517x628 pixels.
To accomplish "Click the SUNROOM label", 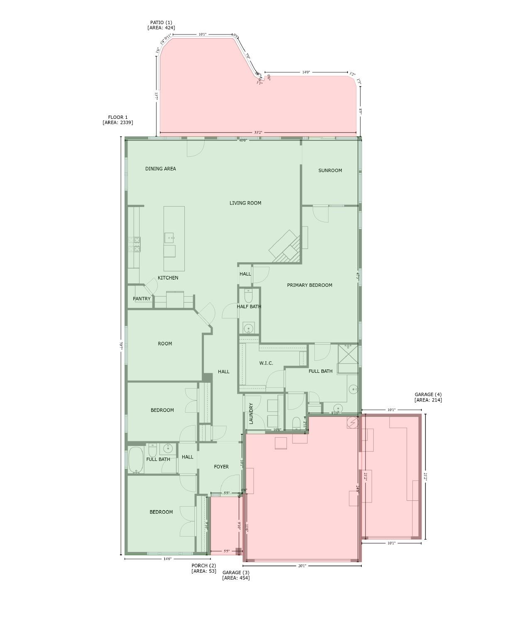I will (330, 170).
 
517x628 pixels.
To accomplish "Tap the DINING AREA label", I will (160, 169).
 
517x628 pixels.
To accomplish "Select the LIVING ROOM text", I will (245, 203).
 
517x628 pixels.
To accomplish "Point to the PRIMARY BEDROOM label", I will (309, 285).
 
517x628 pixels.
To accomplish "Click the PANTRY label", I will (142, 299).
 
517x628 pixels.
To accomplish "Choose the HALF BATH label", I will (249, 307).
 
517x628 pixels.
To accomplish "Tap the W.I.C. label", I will (266, 363).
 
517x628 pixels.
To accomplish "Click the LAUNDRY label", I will (251, 414).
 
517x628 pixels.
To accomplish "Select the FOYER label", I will (221, 467).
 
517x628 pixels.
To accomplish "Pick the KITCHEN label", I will (168, 278).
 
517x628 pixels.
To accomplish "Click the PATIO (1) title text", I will (161, 22).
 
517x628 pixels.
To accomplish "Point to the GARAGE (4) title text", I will (428, 394).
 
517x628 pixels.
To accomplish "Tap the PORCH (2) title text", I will (203, 566).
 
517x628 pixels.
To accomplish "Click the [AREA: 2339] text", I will (118, 123).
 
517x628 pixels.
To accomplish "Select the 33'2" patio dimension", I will (258, 133).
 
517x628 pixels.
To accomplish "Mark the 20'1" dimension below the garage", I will (302, 566).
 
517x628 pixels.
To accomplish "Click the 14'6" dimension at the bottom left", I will (167, 559).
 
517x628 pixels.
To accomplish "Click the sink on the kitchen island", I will (169, 238).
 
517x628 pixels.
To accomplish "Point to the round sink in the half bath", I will (249, 329).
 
